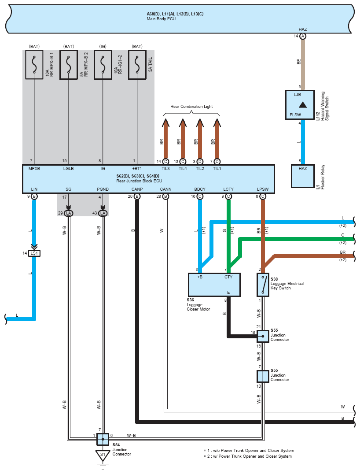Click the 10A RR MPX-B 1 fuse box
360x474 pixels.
[x=34, y=65]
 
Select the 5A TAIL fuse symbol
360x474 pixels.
[x=137, y=65]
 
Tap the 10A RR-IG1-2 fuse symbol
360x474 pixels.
[x=103, y=65]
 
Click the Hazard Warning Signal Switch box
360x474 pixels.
[x=300, y=104]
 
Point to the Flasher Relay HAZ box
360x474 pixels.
[x=303, y=176]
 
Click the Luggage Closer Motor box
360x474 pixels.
[x=214, y=285]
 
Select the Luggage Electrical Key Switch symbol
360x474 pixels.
[x=263, y=285]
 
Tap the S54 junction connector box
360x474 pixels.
[x=103, y=439]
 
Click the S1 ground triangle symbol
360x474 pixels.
[x=103, y=455]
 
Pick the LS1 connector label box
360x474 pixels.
[x=34, y=253]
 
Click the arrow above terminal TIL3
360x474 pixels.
[x=165, y=138]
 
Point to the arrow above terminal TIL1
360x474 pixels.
[x=217, y=138]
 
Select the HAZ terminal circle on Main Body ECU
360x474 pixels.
[x=303, y=36]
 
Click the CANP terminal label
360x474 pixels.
[x=137, y=189]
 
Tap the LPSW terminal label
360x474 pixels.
[x=263, y=189]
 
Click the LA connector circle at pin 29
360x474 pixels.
[x=69, y=213]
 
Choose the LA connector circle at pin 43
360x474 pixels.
[x=103, y=213]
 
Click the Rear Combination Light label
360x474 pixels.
[x=191, y=107]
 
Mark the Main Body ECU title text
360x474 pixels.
[x=161, y=19]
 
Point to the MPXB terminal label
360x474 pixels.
[x=34, y=168]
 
